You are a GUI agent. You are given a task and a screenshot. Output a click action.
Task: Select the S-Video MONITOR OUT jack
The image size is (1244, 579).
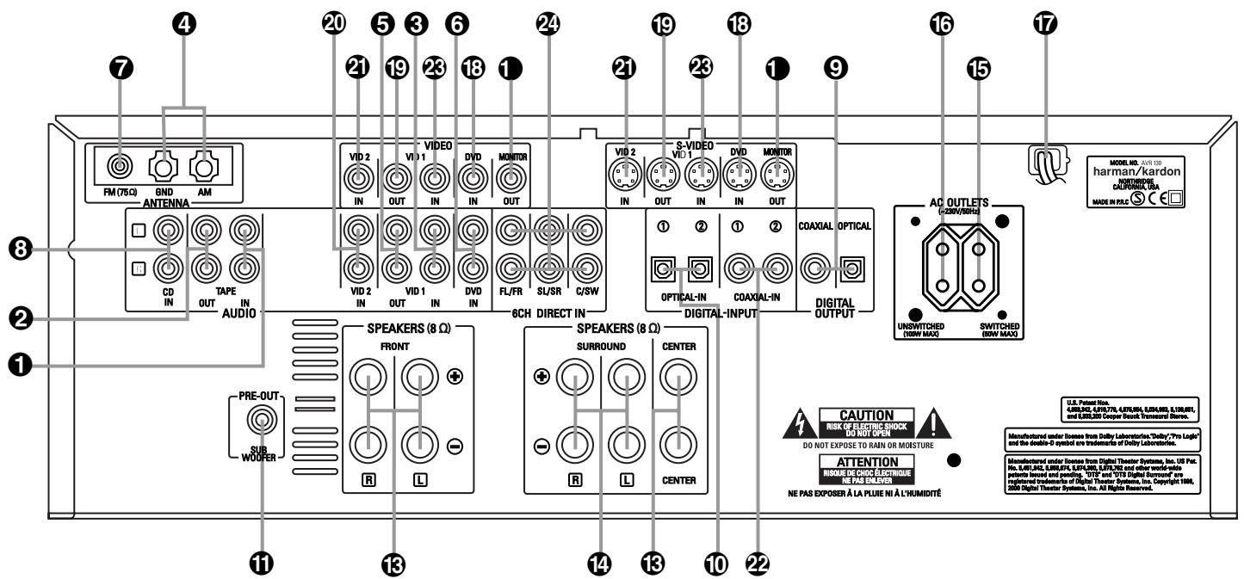tap(775, 181)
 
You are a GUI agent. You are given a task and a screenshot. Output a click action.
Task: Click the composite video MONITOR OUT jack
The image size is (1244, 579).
tap(511, 181)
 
